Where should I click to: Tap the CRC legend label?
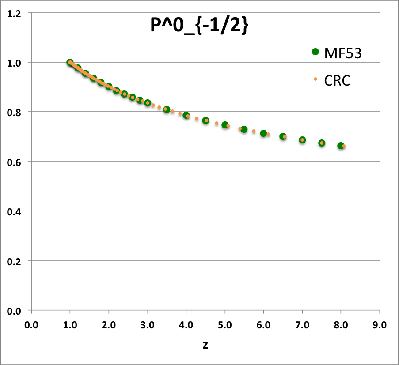[x=337, y=80]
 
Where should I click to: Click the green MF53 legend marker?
[x=315, y=52]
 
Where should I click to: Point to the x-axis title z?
[x=205, y=345]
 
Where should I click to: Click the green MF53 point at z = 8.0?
[x=341, y=146]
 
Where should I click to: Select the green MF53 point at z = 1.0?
[x=70, y=63]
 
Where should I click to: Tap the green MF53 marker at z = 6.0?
[x=263, y=133]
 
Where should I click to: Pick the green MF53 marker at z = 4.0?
[x=186, y=115]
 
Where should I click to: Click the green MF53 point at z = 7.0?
[x=302, y=140]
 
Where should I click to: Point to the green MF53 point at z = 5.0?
[x=225, y=125]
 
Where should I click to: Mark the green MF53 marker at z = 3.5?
[x=167, y=109]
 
